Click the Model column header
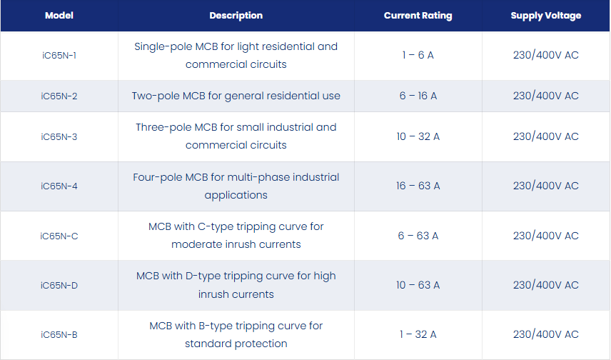pyautogui.click(x=59, y=16)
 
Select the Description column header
pyautogui.click(x=236, y=16)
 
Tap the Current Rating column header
pyautogui.click(x=418, y=16)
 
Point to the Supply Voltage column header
pyautogui.click(x=546, y=16)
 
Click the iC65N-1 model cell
pyautogui.click(x=59, y=56)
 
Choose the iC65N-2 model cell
pyautogui.click(x=59, y=96)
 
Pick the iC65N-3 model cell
pyautogui.click(x=59, y=137)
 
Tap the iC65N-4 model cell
pyautogui.click(x=59, y=186)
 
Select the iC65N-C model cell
pyautogui.click(x=59, y=236)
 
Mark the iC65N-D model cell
pyautogui.click(x=59, y=286)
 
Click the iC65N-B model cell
pyautogui.click(x=59, y=335)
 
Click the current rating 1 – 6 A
pyautogui.click(x=418, y=55)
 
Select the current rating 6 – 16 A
pyautogui.click(x=418, y=96)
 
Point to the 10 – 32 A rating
pyautogui.click(x=418, y=136)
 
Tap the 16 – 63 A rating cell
pyautogui.click(x=418, y=186)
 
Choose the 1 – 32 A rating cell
pyautogui.click(x=418, y=334)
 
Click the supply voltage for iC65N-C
pyautogui.click(x=546, y=236)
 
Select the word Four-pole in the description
pyautogui.click(x=158, y=177)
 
